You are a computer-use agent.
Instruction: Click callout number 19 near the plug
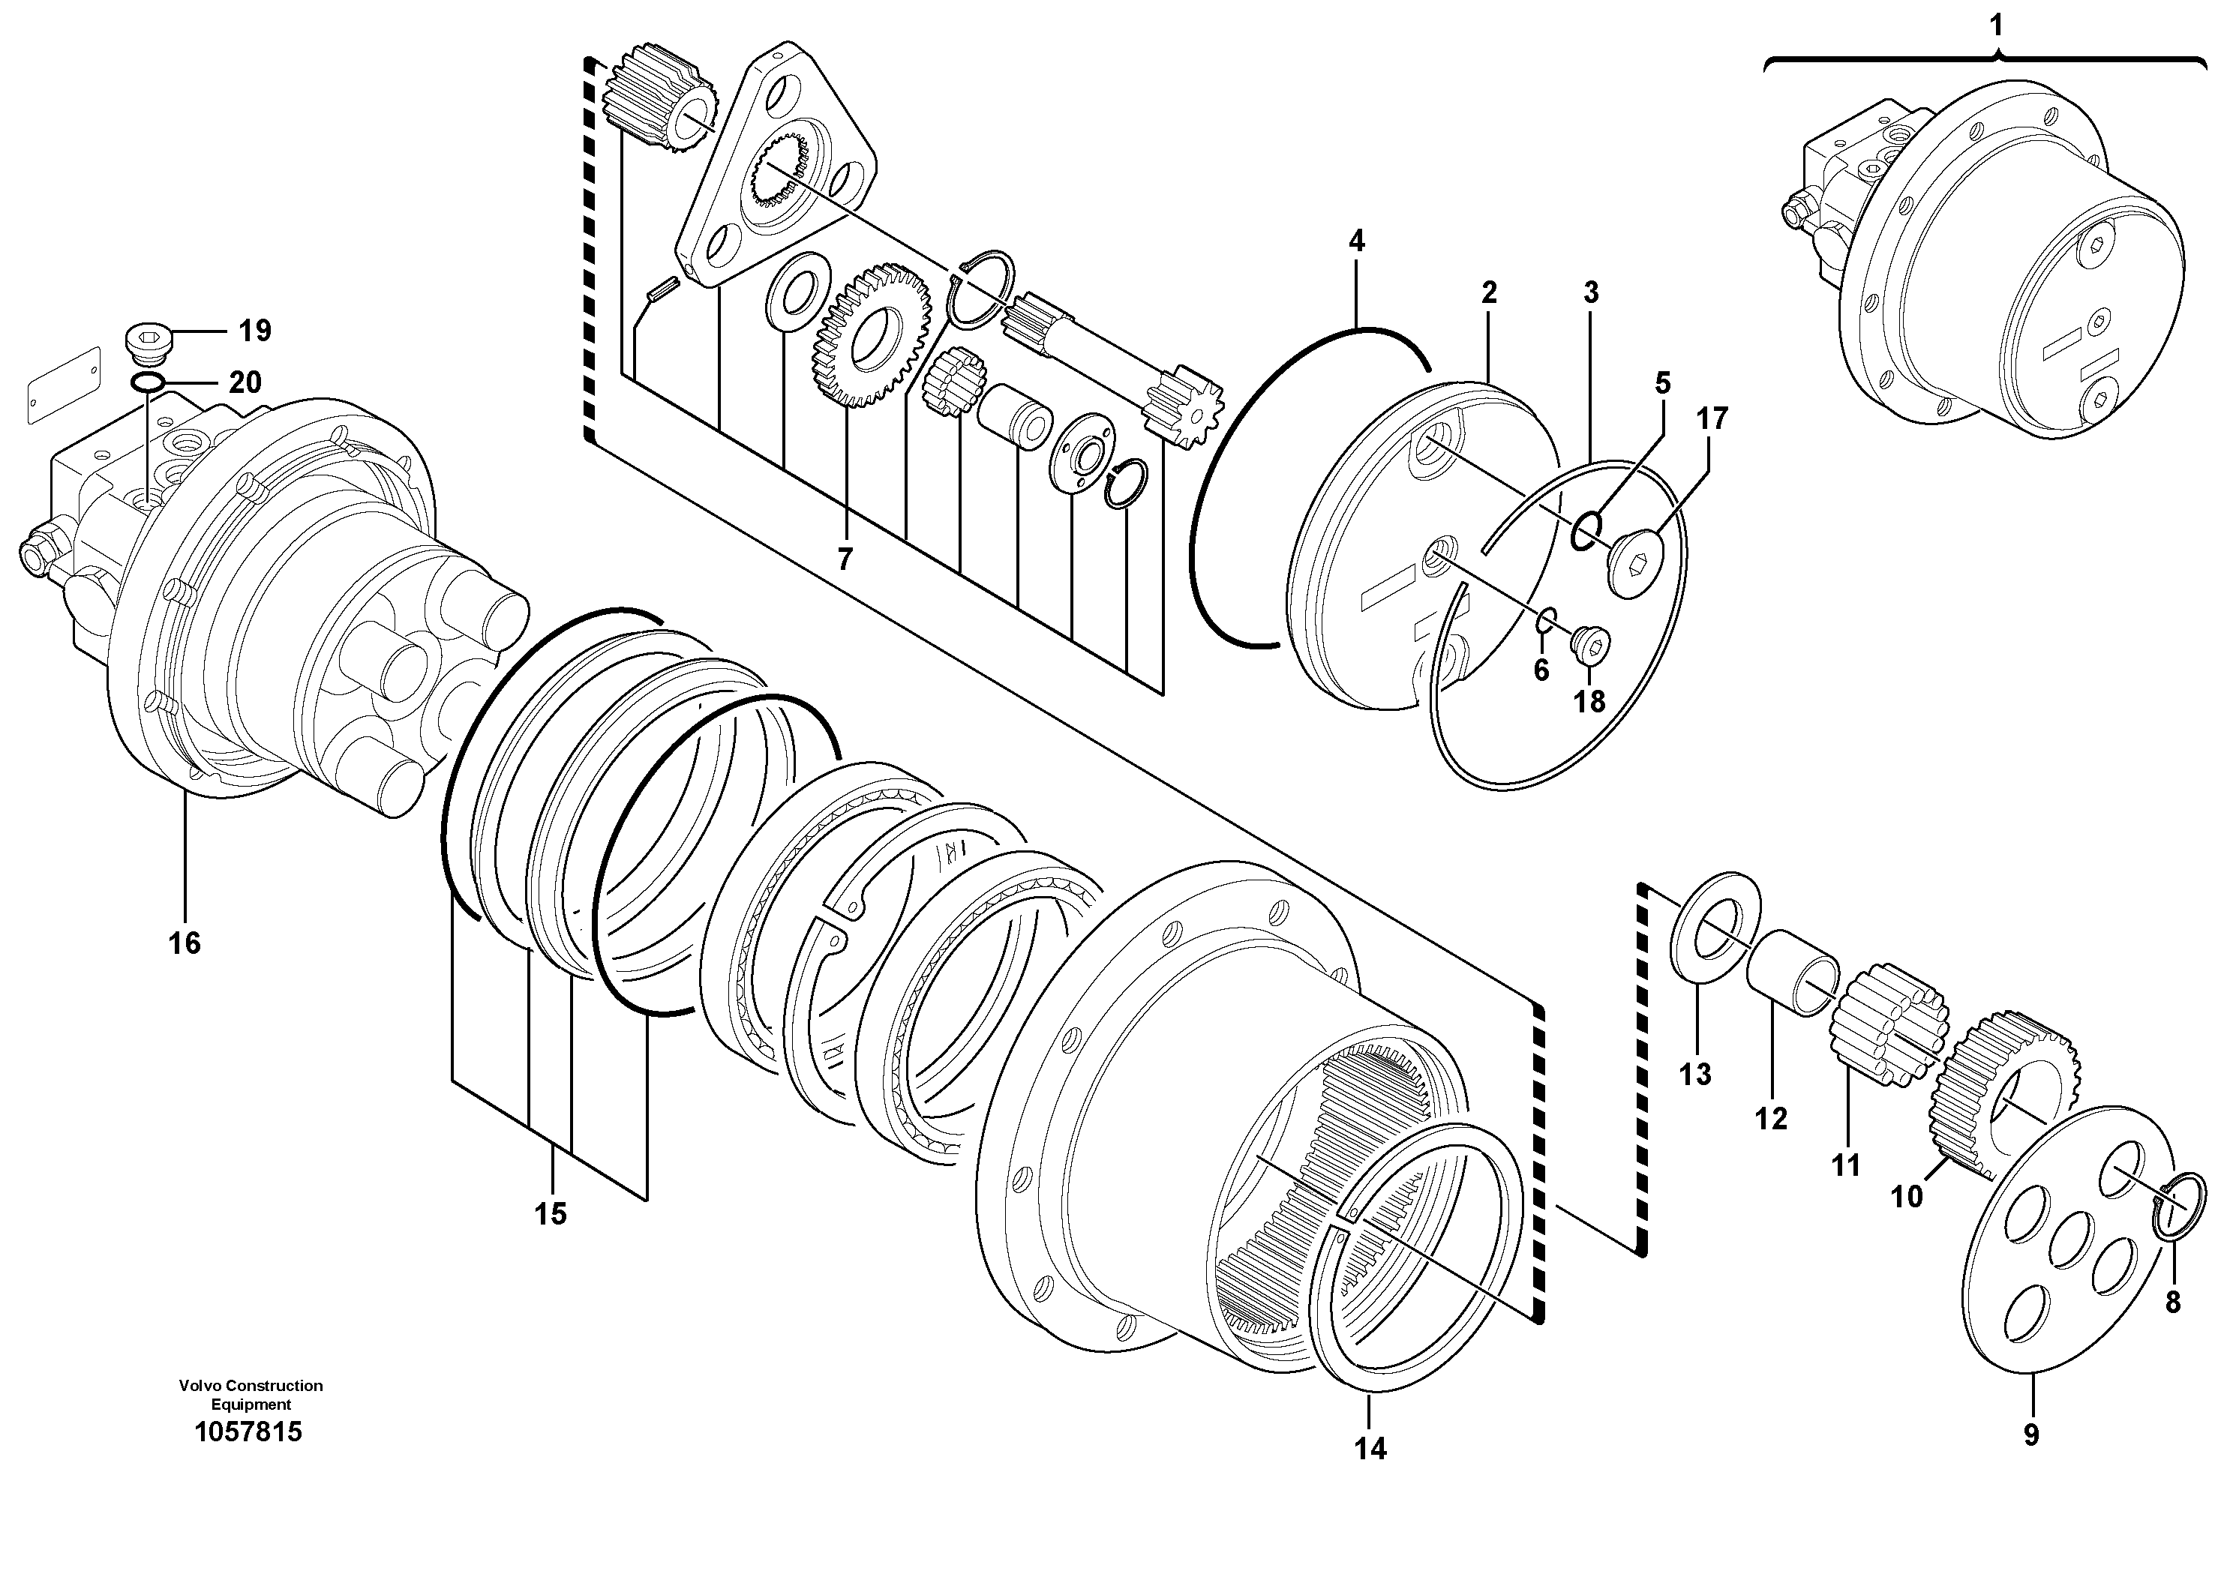coord(255,331)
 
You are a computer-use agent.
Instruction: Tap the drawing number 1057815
coord(249,1432)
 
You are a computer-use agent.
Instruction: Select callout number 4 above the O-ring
coord(1357,240)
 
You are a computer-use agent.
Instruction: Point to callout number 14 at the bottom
coord(1370,1449)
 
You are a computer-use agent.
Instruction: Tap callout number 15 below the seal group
coord(551,1213)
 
